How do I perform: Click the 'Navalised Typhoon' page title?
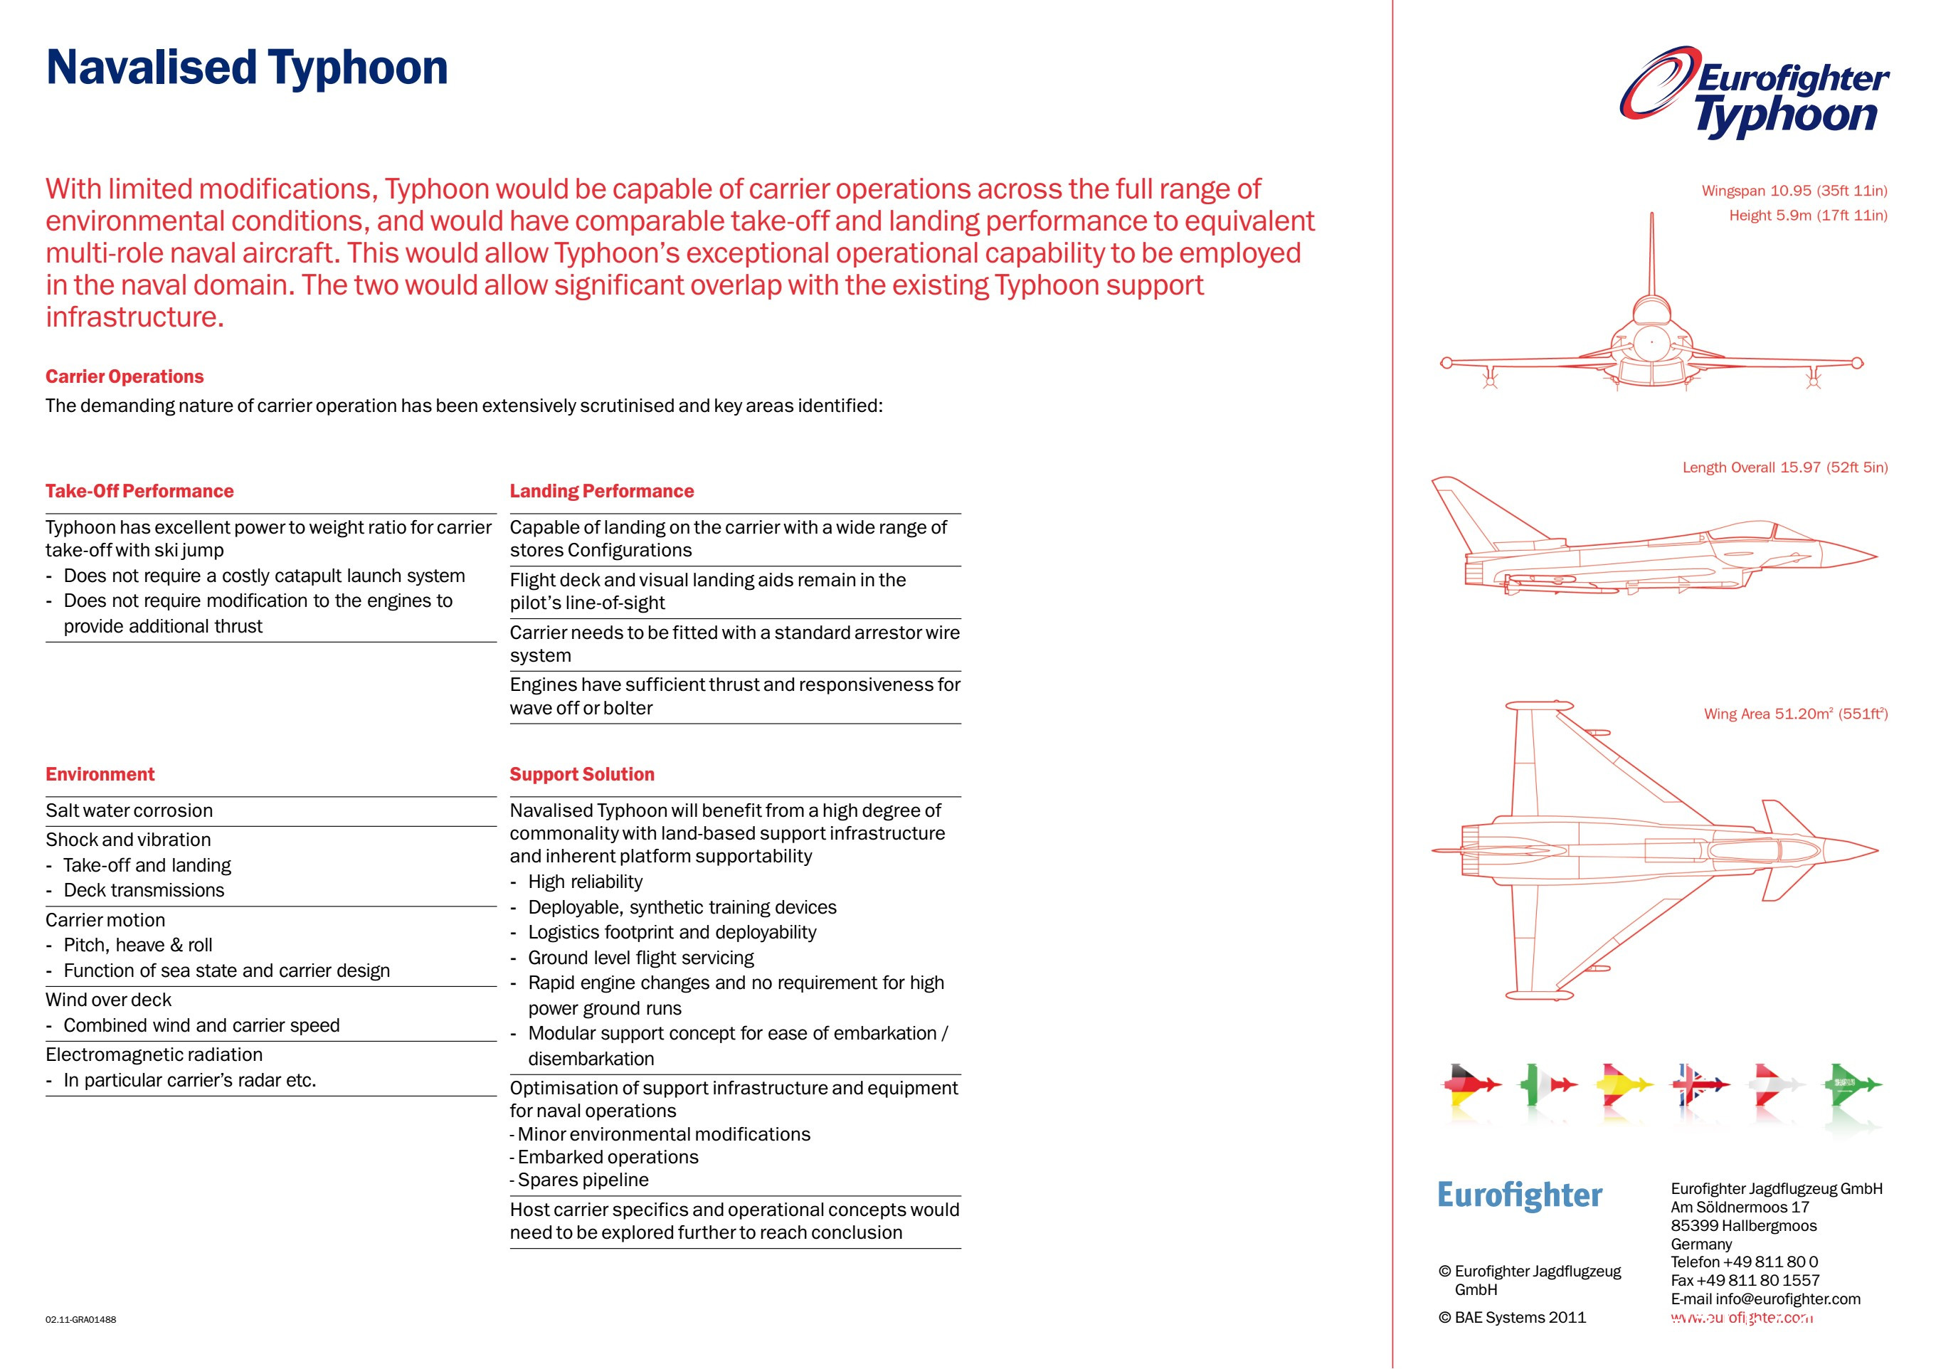point(246,68)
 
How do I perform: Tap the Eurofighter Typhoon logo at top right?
point(1754,92)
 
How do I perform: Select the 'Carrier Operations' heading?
point(125,376)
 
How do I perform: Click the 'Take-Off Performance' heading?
point(139,491)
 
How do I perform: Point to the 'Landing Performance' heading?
point(601,491)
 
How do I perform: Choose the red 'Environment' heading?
point(100,774)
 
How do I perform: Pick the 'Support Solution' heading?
point(582,774)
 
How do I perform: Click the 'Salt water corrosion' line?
point(129,810)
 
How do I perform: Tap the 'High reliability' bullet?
point(585,882)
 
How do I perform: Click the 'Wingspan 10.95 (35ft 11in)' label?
point(1794,191)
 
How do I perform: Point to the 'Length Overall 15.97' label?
point(1785,467)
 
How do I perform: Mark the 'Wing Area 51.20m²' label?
point(1795,714)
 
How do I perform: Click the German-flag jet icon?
point(1471,1085)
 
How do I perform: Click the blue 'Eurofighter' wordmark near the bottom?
point(1520,1195)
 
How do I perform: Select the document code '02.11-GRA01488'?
point(81,1319)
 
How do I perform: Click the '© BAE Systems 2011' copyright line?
point(1512,1318)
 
